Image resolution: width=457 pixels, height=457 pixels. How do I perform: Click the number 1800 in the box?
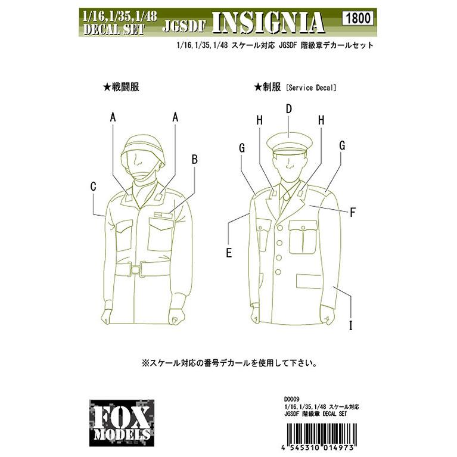[x=357, y=18]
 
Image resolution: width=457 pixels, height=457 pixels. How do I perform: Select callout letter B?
[x=194, y=159]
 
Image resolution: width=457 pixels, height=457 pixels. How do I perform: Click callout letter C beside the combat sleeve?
[x=93, y=186]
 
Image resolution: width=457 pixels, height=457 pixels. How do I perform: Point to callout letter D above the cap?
[x=288, y=109]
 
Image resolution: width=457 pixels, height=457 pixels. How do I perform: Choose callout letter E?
[x=228, y=252]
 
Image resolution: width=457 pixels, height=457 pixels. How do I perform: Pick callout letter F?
[x=352, y=212]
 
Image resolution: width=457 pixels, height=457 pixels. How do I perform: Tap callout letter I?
[x=351, y=325]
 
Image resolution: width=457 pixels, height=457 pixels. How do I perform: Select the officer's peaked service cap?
[x=288, y=144]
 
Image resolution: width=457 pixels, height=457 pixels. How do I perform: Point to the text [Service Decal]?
[x=312, y=88]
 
